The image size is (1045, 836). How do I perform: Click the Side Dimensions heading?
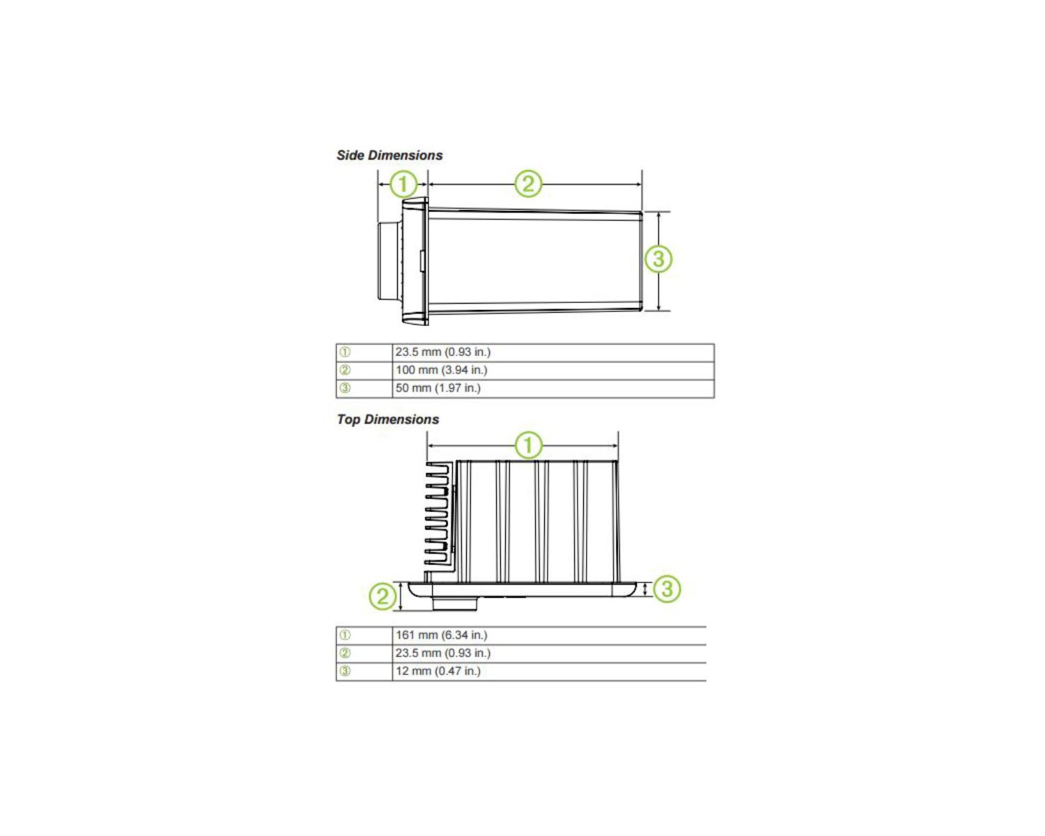[x=389, y=155]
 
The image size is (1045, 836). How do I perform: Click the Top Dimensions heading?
[x=387, y=419]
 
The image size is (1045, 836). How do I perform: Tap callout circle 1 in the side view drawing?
[x=403, y=184]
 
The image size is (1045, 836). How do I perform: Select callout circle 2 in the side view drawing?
[x=528, y=184]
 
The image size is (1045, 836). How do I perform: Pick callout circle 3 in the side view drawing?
[x=658, y=258]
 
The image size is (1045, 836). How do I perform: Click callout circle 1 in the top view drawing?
[x=528, y=445]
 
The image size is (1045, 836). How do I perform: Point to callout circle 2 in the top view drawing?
[x=383, y=596]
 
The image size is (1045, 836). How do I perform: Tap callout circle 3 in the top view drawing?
[x=667, y=589]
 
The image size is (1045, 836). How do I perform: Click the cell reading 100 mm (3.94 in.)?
[x=553, y=370]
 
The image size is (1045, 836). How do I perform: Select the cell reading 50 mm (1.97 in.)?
[x=553, y=388]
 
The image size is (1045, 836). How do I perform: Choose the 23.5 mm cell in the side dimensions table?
[x=553, y=353]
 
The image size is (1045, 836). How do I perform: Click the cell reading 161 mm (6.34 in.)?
[x=549, y=635]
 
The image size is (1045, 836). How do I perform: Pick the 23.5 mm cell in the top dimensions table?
[x=549, y=653]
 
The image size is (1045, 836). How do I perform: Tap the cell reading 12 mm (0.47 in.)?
[x=549, y=672]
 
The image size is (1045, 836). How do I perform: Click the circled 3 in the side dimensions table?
[x=344, y=388]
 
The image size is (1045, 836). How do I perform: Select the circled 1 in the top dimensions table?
[x=344, y=635]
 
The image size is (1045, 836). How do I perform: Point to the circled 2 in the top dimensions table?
[x=344, y=653]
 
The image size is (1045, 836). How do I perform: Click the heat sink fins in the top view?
[x=437, y=513]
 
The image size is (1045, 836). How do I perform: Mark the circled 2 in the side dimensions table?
[x=344, y=370]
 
